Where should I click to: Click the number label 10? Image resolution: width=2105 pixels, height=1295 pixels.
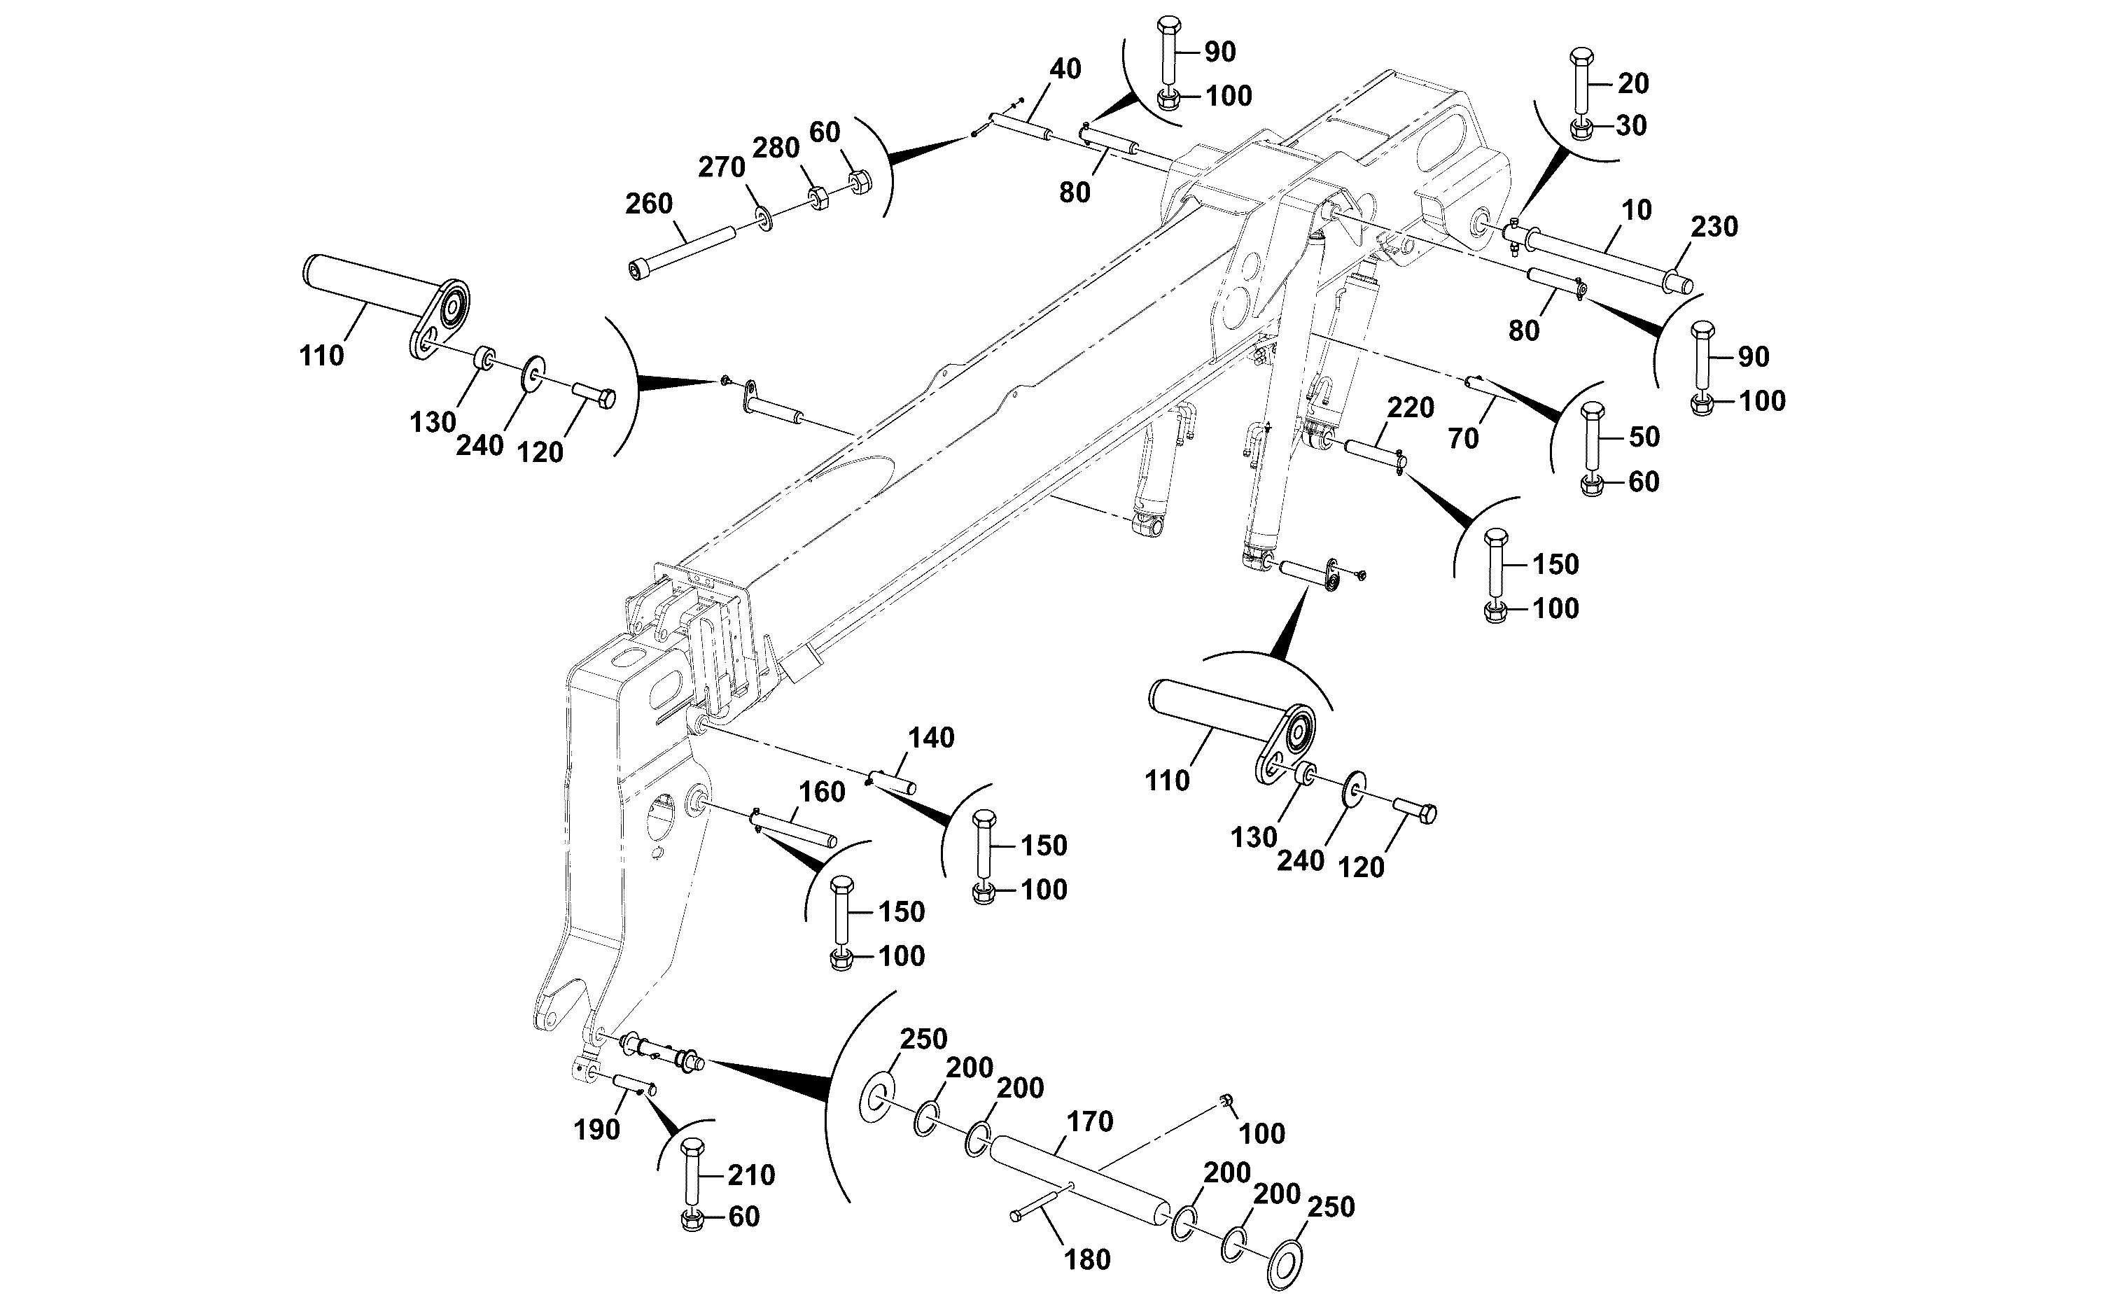point(1637,210)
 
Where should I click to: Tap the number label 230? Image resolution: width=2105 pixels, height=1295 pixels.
point(1714,227)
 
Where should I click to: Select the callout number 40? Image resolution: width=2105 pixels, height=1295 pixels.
point(1065,69)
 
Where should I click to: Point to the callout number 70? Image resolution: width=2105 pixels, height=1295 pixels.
point(1462,438)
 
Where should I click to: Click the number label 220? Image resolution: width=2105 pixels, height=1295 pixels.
point(1411,407)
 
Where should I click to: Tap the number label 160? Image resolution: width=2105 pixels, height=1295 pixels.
point(821,792)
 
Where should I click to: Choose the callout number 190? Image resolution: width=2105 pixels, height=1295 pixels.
point(597,1130)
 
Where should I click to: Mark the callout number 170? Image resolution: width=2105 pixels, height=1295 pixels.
point(1089,1121)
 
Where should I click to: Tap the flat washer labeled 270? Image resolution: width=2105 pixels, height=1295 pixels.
point(762,218)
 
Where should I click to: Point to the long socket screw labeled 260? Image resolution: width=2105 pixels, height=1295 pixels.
point(683,253)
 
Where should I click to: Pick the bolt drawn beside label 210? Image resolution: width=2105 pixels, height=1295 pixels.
point(692,1173)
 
